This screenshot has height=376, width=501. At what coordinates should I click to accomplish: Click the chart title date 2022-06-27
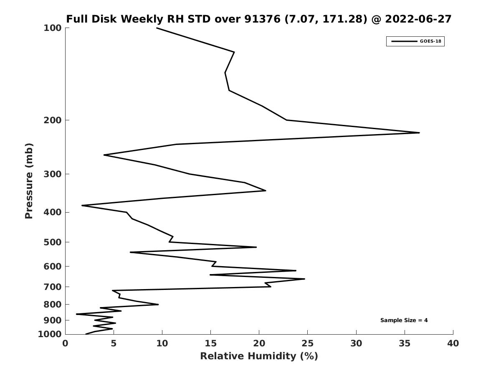(418, 19)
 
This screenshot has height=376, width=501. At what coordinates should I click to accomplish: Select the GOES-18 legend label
(430, 41)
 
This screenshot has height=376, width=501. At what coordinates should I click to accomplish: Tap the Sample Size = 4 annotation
(404, 320)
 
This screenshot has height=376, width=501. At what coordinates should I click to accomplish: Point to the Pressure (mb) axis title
(29, 181)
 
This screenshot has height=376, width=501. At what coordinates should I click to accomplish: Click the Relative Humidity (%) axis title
(259, 356)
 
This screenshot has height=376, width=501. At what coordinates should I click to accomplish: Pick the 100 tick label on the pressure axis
(53, 28)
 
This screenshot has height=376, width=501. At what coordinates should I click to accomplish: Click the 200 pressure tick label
(53, 120)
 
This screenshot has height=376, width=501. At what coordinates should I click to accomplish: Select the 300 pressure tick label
(53, 174)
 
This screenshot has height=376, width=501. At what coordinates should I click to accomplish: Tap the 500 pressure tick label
(53, 242)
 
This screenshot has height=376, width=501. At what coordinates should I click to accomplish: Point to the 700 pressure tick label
(53, 287)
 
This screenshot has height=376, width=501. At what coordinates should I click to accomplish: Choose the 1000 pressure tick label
(50, 334)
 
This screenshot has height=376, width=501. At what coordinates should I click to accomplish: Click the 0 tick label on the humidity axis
(66, 344)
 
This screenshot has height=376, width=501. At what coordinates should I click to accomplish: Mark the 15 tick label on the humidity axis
(210, 344)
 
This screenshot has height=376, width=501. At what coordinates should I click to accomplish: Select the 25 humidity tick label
(308, 344)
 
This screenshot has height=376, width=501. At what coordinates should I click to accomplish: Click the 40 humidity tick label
(453, 344)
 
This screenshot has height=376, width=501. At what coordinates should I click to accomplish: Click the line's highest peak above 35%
(419, 133)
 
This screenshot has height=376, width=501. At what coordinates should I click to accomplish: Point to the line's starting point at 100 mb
(157, 28)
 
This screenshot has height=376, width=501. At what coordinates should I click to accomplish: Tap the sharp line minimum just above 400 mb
(83, 206)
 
